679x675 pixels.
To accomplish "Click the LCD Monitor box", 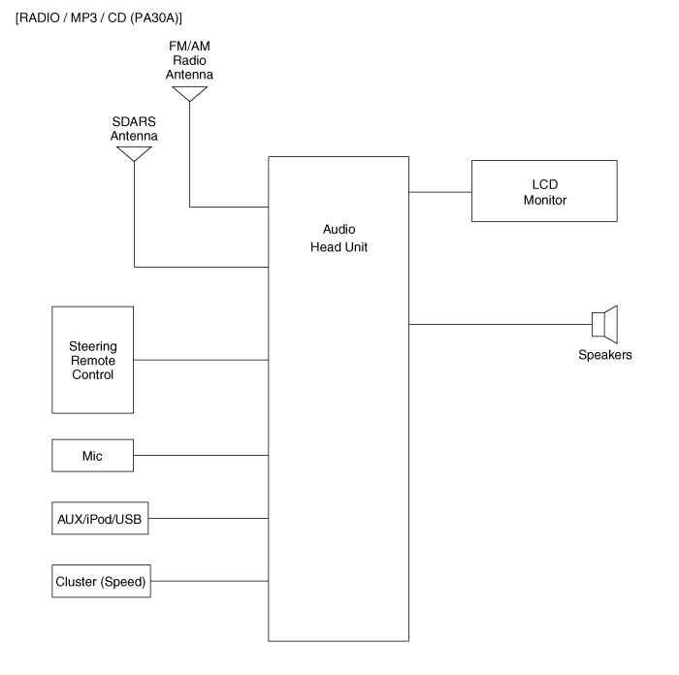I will (x=543, y=191).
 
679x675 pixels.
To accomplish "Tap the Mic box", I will (x=92, y=455).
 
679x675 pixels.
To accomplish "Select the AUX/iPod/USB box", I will (x=99, y=518).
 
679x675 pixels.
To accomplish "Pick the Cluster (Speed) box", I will (x=99, y=582).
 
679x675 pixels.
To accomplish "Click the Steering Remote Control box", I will (x=92, y=360).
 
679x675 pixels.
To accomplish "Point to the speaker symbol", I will (x=604, y=323).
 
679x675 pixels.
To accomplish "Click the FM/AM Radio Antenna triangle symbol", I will (x=190, y=93).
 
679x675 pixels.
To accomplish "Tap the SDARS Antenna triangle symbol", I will (x=135, y=153).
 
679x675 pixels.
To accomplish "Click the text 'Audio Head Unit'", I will (x=339, y=239).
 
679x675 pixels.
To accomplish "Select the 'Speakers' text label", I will (x=604, y=355).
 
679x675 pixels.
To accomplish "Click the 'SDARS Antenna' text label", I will (x=135, y=129).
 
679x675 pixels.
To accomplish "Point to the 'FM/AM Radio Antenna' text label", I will (x=190, y=60).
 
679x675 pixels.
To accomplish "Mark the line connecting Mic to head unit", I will (x=200, y=455).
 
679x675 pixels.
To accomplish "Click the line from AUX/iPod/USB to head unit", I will (x=208, y=518).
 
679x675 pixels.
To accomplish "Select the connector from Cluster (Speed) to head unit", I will (x=209, y=582).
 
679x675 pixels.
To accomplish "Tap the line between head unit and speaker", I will (x=500, y=324).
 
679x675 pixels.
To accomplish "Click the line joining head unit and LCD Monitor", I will (x=439, y=192).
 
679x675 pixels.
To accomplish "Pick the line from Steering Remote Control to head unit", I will (x=200, y=360).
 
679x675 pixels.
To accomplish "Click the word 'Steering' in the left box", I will (x=92, y=345).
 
